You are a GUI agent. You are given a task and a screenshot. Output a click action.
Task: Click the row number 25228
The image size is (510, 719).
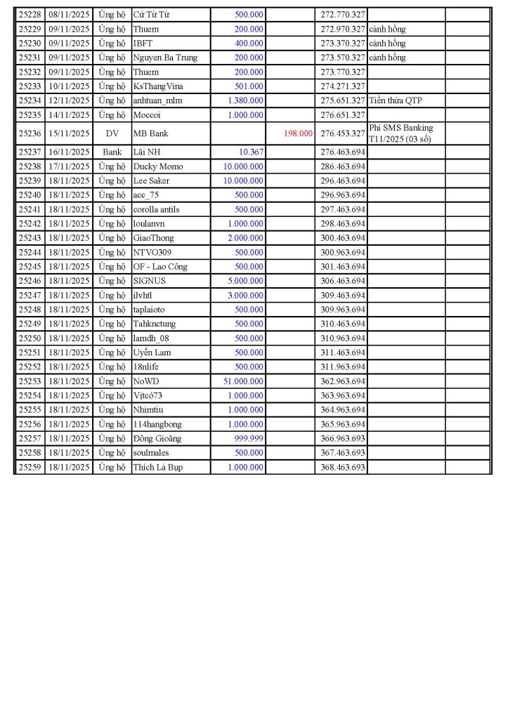point(30,15)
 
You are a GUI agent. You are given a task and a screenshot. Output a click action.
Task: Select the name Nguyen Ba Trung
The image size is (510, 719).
point(165,58)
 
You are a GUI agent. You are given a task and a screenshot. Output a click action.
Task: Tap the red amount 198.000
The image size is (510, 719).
point(299,133)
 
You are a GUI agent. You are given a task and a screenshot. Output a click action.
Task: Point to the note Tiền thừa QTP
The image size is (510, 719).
point(395,100)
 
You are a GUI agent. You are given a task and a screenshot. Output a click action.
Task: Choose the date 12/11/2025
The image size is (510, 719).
point(70,100)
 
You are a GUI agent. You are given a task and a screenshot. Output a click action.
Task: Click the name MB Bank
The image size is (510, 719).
point(150,133)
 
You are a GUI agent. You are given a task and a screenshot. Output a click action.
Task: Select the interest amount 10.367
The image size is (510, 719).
point(251,152)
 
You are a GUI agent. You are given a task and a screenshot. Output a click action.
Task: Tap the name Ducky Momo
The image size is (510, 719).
point(158,166)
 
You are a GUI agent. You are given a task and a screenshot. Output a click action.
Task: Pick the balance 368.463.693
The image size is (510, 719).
point(342,467)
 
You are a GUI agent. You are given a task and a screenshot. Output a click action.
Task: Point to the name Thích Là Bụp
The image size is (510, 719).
point(157,467)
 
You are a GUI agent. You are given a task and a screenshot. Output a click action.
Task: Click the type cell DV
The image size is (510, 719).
point(112,133)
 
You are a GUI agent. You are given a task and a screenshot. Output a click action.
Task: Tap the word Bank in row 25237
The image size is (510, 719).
point(112,152)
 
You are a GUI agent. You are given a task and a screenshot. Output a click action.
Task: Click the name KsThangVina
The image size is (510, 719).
point(159,86)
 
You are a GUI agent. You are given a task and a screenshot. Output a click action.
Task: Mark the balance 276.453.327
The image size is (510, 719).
point(342,133)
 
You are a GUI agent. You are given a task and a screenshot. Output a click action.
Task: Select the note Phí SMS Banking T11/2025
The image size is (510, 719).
point(400,133)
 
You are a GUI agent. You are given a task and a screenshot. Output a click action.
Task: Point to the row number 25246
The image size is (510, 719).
point(30,281)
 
